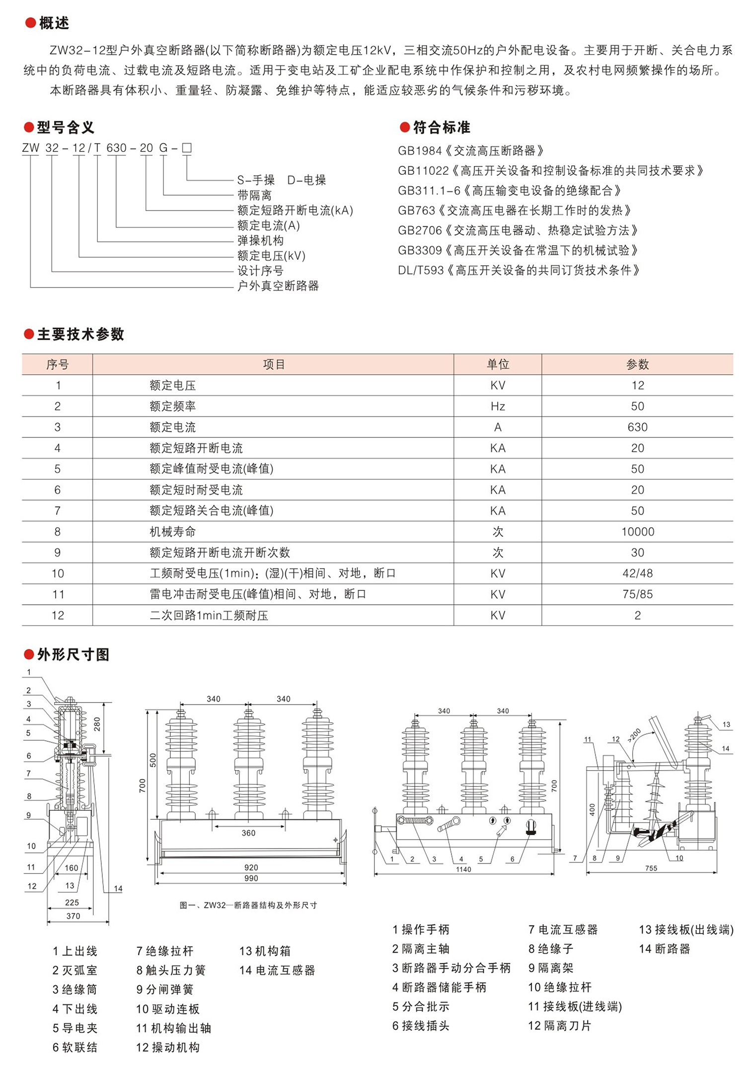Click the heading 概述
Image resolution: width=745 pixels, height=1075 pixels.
point(54,23)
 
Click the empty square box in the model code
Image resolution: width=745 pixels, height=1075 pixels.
point(187,147)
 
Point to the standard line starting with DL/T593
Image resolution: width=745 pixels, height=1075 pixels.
point(519,270)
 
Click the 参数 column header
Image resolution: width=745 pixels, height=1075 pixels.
point(637,364)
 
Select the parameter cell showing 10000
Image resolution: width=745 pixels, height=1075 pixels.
point(637,532)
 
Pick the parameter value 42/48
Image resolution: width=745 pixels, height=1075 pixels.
point(637,573)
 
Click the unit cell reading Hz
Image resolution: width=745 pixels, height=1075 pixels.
point(498,406)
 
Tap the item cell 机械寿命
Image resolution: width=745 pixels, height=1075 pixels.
point(173,532)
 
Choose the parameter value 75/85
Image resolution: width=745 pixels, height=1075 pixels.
point(637,594)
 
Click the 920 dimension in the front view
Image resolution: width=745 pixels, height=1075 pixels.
point(251,867)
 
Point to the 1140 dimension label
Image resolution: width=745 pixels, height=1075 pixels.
point(463,869)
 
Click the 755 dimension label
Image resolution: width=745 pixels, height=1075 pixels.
point(651,868)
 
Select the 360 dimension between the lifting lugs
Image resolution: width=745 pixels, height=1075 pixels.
point(248,833)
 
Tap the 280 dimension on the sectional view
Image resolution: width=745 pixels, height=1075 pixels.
point(97,723)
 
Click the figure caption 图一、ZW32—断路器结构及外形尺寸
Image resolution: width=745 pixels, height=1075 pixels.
point(248,905)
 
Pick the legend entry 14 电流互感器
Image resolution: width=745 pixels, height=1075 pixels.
point(277,970)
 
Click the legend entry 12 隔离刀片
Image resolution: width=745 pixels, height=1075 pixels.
point(560,1026)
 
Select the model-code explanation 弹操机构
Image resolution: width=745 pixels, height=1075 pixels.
point(260,241)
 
